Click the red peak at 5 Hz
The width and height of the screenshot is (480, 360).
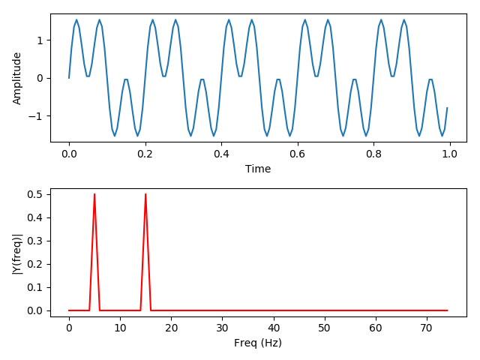[x=94, y=195]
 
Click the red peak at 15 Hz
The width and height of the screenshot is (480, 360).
[x=145, y=195]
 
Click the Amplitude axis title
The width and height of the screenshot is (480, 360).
[x=17, y=78]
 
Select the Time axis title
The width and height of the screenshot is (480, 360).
[x=258, y=169]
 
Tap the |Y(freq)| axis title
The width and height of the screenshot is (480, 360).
[x=17, y=252]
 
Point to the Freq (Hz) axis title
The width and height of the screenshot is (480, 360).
[x=258, y=343]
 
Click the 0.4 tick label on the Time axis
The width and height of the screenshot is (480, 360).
[x=220, y=154]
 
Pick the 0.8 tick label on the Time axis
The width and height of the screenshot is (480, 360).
[x=373, y=154]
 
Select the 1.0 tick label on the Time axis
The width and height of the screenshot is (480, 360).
[x=448, y=154]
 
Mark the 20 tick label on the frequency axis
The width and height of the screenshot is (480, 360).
[x=171, y=328]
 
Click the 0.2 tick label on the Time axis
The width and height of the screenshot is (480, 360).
[x=145, y=154]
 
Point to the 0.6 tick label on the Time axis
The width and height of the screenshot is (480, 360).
[x=297, y=154]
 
